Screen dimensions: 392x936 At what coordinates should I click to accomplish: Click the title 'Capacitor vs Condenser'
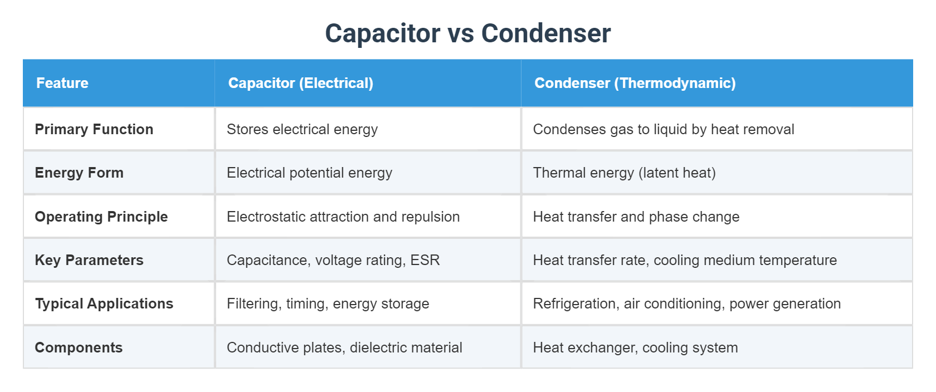click(467, 33)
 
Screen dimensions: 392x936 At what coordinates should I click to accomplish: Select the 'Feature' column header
click(62, 83)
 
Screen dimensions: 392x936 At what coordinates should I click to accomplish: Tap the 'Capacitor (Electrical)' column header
click(300, 83)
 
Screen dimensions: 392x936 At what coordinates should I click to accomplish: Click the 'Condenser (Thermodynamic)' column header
click(635, 83)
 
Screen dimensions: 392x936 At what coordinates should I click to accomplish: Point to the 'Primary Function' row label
click(94, 129)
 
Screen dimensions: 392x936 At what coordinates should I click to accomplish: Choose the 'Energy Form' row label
click(79, 173)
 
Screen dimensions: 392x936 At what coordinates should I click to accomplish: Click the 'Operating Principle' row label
click(101, 217)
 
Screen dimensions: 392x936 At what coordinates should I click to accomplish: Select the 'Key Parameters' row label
click(89, 260)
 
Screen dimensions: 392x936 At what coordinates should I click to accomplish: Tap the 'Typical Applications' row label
click(104, 303)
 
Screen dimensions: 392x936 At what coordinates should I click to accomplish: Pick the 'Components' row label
click(79, 347)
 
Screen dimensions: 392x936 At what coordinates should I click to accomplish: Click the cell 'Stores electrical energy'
click(302, 129)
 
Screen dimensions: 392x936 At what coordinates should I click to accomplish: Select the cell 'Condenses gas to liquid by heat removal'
click(664, 129)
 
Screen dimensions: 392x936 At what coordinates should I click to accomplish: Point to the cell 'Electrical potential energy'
click(309, 173)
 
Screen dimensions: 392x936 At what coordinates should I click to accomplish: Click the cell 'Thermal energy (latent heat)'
click(624, 173)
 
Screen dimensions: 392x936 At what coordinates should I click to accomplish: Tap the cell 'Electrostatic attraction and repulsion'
click(343, 217)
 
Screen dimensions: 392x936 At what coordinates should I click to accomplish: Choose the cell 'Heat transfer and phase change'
click(636, 217)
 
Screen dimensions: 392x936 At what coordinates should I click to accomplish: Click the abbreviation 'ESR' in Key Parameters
click(425, 260)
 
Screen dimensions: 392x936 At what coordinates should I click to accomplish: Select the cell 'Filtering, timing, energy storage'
click(328, 303)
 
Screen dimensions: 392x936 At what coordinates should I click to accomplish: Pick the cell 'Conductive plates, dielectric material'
click(344, 347)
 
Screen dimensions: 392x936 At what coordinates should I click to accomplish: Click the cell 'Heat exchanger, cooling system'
click(635, 347)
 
